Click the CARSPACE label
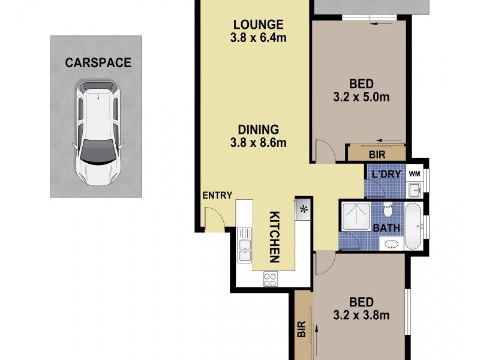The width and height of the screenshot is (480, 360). (98, 62)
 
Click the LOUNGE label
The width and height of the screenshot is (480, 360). (258, 25)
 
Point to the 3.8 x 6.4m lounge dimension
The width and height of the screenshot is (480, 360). (258, 38)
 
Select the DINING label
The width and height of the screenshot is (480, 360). (258, 129)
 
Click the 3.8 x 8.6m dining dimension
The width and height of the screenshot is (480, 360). (258, 143)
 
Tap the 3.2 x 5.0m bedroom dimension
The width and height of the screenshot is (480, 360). (362, 96)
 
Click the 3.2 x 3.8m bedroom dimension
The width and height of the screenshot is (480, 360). (362, 315)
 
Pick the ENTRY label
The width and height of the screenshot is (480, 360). (217, 196)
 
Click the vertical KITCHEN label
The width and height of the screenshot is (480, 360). (274, 237)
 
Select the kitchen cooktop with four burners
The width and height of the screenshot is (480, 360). (271, 279)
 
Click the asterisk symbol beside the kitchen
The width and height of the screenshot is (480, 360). (304, 209)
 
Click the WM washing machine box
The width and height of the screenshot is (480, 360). (414, 173)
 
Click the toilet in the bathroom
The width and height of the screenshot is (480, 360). (388, 210)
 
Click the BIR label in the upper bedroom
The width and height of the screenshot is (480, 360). (377, 154)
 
